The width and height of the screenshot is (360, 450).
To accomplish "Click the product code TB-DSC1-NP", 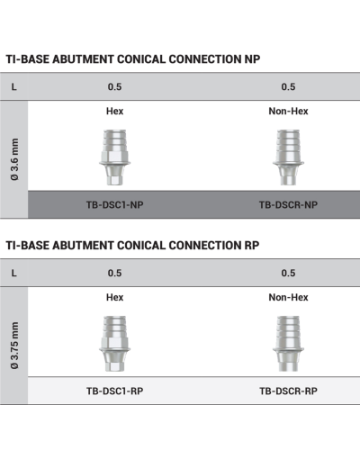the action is pyautogui.click(x=114, y=205).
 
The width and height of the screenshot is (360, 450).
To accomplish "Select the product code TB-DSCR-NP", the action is pyautogui.click(x=288, y=205).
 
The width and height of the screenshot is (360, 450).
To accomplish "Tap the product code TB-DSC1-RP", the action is pyautogui.click(x=114, y=391).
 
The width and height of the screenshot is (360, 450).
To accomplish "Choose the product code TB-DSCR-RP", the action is pyautogui.click(x=288, y=391).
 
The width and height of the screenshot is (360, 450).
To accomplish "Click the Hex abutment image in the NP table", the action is pyautogui.click(x=114, y=157).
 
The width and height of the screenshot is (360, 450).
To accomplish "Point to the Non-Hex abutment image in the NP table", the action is pyautogui.click(x=288, y=157).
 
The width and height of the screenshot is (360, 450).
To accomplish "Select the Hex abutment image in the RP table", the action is pyautogui.click(x=114, y=344).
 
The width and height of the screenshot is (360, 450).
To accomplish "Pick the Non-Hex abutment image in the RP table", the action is pyautogui.click(x=288, y=344).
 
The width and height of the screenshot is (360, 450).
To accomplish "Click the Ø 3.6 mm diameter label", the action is pyautogui.click(x=14, y=159).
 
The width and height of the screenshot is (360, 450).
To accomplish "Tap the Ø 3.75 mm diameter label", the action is pyautogui.click(x=14, y=346).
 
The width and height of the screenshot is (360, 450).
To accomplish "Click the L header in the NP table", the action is pyautogui.click(x=13, y=87).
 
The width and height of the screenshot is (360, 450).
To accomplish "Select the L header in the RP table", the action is pyautogui.click(x=13, y=273).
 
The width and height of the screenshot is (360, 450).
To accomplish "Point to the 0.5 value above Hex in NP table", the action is pyautogui.click(x=114, y=87).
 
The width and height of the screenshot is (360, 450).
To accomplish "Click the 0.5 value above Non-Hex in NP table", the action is pyautogui.click(x=288, y=87).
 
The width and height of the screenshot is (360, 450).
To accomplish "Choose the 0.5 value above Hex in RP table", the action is pyautogui.click(x=114, y=273).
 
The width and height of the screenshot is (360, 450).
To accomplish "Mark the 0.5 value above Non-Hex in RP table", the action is pyautogui.click(x=288, y=273).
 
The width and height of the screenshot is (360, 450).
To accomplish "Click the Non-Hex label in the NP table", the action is pyautogui.click(x=288, y=112).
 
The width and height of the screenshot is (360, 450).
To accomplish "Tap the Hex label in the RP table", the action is pyautogui.click(x=114, y=297).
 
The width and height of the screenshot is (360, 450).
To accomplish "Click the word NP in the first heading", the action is pyautogui.click(x=252, y=59).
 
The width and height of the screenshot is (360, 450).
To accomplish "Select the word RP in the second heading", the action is pyautogui.click(x=252, y=246).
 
